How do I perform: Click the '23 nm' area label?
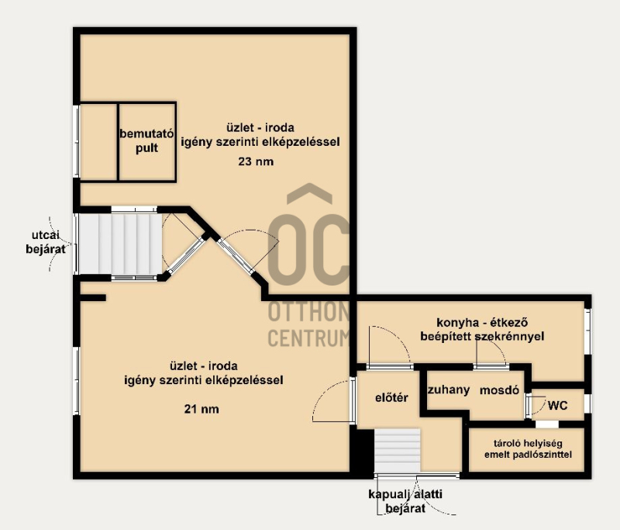click(256, 161)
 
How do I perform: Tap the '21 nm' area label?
click(201, 409)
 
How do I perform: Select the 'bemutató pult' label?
click(146, 141)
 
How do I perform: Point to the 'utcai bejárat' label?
click(46, 242)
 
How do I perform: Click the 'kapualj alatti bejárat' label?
click(405, 501)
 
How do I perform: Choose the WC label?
click(557, 405)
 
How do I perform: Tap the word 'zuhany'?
click(449, 390)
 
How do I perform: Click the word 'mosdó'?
click(499, 390)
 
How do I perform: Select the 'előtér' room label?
click(391, 397)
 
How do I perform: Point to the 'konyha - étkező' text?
click(482, 323)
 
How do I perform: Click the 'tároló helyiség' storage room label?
click(528, 443)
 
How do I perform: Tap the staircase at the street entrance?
click(121, 244)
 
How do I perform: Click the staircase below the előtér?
click(398, 450)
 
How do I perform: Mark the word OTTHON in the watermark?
click(309, 312)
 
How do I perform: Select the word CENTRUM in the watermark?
click(309, 338)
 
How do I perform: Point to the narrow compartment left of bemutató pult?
click(98, 142)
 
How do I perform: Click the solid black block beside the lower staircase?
click(362, 450)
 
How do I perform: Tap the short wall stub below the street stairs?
click(93, 298)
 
